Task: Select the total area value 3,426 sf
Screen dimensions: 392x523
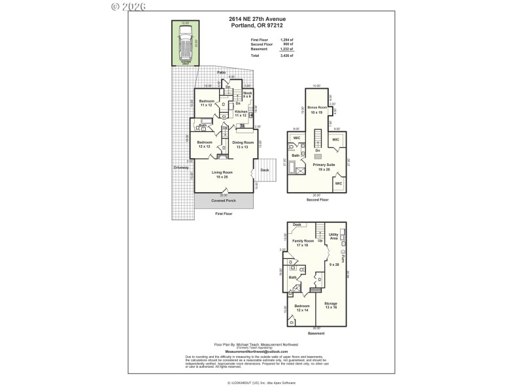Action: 286,56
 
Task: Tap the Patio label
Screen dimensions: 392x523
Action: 221,72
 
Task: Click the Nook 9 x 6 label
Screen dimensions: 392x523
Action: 247,95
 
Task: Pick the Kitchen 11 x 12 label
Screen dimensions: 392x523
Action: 240,114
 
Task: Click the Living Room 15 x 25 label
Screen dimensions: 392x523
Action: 222,174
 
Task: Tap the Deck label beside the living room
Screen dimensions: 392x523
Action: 264,170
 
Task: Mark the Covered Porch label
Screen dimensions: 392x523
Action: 224,201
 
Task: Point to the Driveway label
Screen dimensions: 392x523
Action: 181,168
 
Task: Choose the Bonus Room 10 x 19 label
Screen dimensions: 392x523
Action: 317,110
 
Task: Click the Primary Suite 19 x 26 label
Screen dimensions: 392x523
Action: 324,167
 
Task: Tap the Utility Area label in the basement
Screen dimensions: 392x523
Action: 333,235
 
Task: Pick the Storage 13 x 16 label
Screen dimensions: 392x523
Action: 331,305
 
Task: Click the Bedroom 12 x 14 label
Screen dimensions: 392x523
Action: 301,308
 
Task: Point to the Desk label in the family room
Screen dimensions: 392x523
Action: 297,224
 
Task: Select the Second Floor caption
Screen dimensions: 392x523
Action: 317,199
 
